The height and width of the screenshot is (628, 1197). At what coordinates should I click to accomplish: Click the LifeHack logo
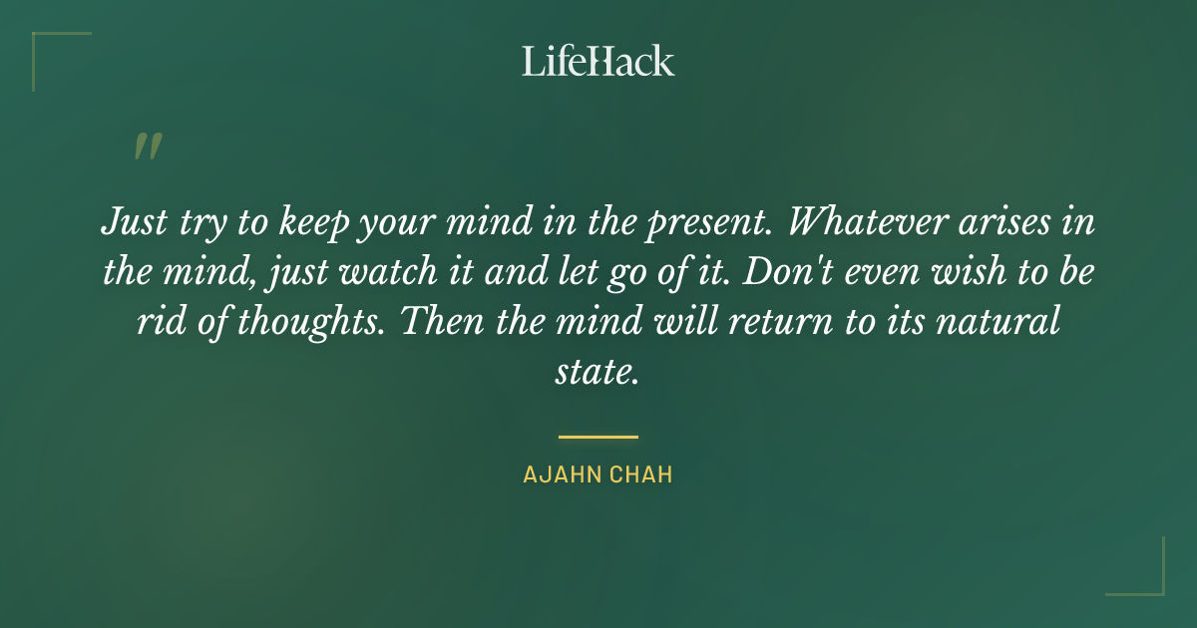(598, 61)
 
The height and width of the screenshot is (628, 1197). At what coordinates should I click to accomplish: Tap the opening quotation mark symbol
(148, 147)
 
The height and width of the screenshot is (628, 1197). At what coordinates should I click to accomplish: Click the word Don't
(784, 272)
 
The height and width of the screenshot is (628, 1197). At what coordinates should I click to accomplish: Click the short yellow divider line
(598, 437)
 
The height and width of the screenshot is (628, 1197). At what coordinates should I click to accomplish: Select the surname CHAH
(641, 475)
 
